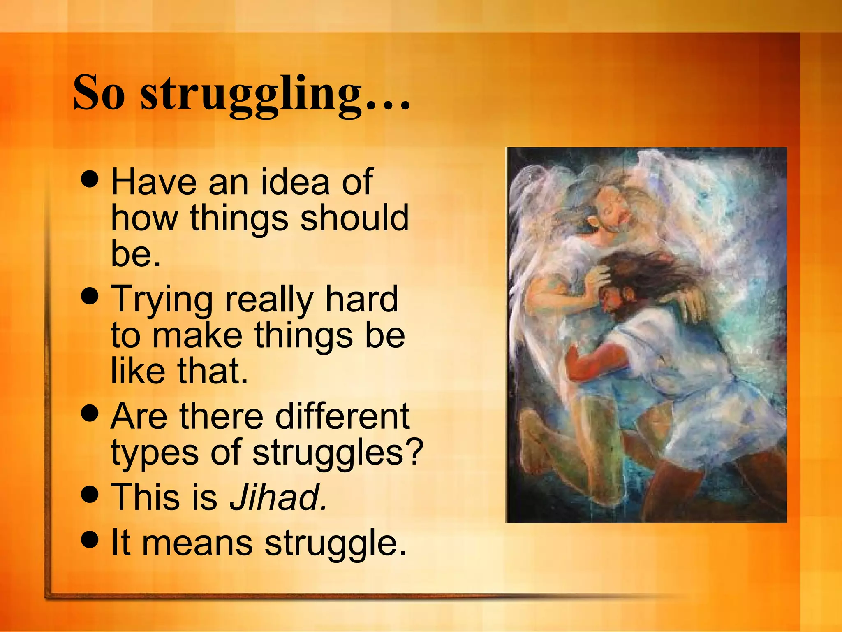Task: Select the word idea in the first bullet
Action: click(295, 182)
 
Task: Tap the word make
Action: click(197, 335)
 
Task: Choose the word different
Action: click(342, 416)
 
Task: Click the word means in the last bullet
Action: click(197, 543)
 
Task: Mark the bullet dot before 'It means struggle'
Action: click(90, 539)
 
